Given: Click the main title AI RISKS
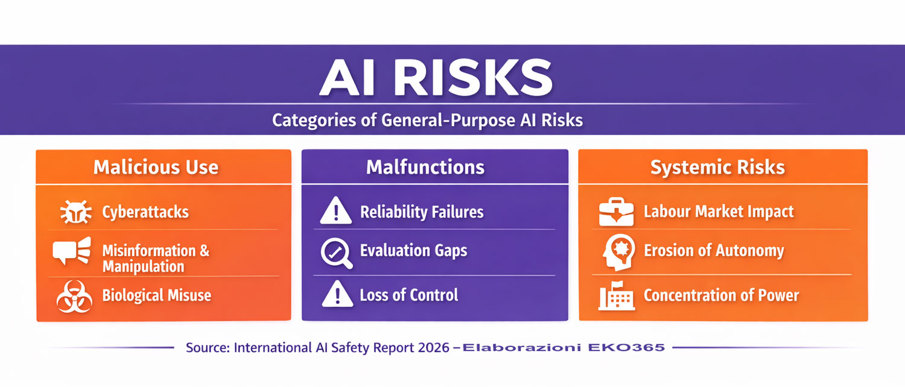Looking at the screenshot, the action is [x=436, y=78].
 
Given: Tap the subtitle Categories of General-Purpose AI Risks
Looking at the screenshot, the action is [x=427, y=120].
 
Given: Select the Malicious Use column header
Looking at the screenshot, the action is [x=156, y=167].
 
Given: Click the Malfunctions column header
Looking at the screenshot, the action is [x=425, y=167].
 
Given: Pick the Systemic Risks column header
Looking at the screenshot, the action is [x=717, y=168].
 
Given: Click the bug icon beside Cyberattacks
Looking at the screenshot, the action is [x=75, y=212].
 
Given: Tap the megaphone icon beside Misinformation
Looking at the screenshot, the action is [x=72, y=251].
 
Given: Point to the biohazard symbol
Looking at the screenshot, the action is [x=74, y=297].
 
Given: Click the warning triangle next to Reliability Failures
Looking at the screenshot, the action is [x=335, y=210].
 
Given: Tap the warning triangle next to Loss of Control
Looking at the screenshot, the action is [x=337, y=294].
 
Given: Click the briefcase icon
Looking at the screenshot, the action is [x=616, y=212].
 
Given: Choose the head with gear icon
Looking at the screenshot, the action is [x=618, y=252].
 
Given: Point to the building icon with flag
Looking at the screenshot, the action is [x=617, y=296].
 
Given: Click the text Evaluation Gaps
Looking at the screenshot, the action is [x=414, y=251].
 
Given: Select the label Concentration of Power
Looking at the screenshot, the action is [x=721, y=295].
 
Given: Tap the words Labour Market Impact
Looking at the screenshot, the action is [x=719, y=212].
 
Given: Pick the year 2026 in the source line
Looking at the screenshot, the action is [x=434, y=347].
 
